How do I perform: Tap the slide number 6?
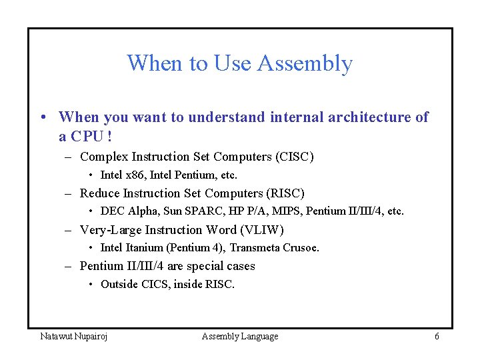pos(437,337)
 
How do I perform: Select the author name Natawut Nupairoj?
pos(74,337)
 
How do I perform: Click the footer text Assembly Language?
pos(240,337)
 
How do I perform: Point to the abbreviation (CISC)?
pos(294,157)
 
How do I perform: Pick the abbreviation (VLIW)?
pos(263,231)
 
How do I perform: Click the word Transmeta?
pos(253,248)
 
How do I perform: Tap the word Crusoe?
pos(299,248)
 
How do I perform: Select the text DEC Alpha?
pos(123,211)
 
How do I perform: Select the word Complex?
pos(104,157)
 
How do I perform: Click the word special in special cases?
pos(206,267)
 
